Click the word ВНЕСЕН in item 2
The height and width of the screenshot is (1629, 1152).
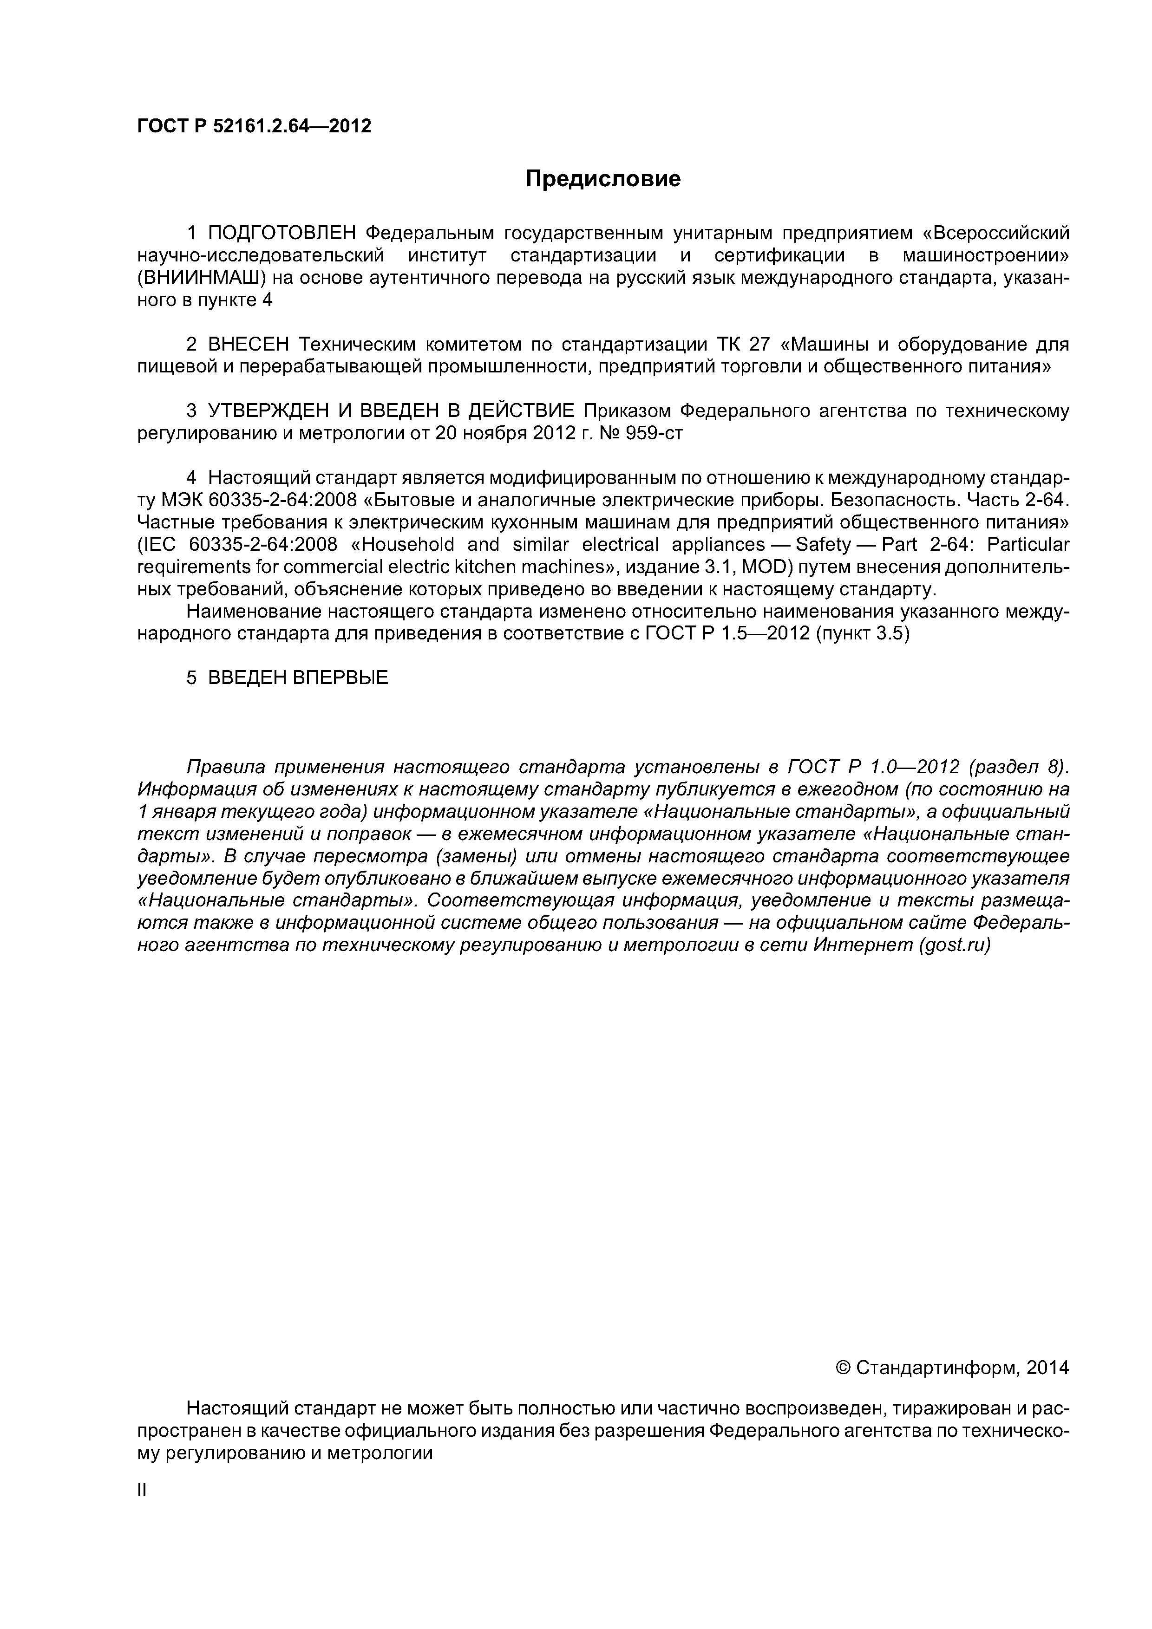pyautogui.click(x=249, y=345)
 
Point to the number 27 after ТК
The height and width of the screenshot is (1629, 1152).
pyautogui.click(x=759, y=345)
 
